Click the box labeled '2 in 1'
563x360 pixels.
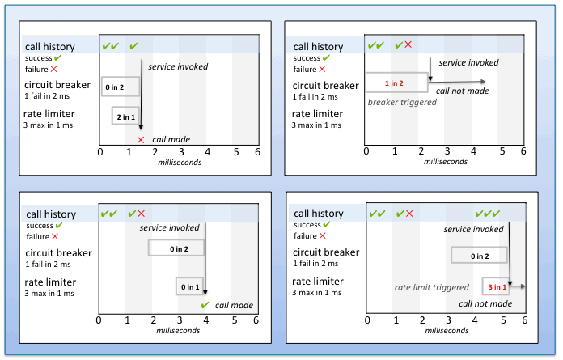click(x=125, y=117)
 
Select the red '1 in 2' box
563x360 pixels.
click(x=396, y=83)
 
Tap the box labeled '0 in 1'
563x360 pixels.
click(x=190, y=286)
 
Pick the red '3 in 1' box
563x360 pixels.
click(x=497, y=286)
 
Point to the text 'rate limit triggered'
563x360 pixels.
click(x=431, y=287)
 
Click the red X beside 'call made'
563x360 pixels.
click(x=140, y=139)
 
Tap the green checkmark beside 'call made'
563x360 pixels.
click(x=205, y=305)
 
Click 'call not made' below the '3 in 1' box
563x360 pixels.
click(x=484, y=303)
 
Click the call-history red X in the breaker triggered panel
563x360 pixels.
click(x=408, y=46)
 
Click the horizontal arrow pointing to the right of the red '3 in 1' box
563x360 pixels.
click(x=518, y=286)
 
